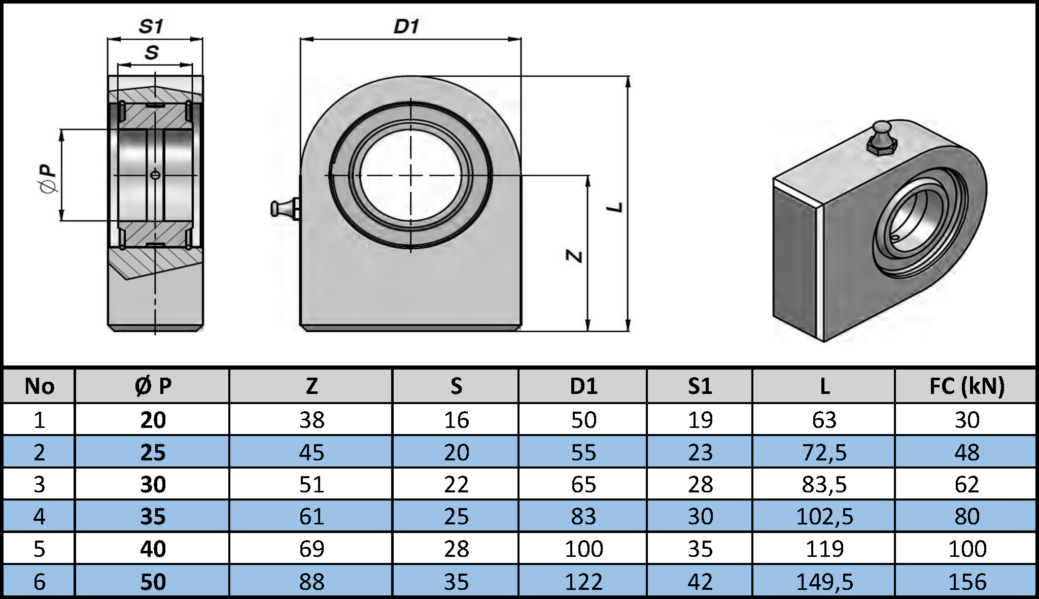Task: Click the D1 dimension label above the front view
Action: pos(406,26)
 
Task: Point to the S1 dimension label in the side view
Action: pos(151,26)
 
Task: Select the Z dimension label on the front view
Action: pos(574,256)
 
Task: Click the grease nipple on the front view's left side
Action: pos(285,209)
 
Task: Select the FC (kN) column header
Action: pos(966,386)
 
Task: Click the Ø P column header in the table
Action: pos(153,386)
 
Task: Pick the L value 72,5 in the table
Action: pos(824,452)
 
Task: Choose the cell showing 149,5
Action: pos(824,581)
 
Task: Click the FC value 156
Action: pos(966,581)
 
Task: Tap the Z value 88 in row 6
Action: pos(311,581)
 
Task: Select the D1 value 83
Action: pos(583,517)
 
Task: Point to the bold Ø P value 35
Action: pos(153,517)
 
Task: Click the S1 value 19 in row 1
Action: pos(700,420)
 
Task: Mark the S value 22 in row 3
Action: pos(456,484)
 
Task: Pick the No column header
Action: pos(39,386)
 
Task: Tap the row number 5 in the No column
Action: pos(39,549)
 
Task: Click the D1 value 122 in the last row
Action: pos(583,581)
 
